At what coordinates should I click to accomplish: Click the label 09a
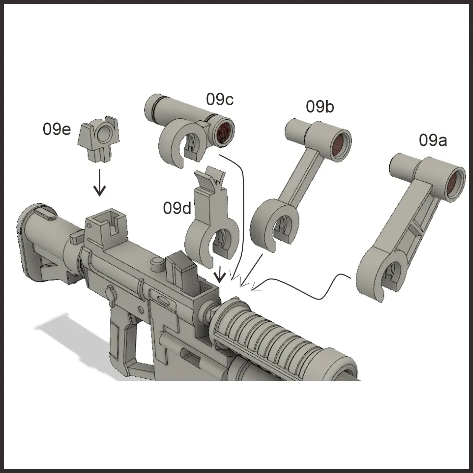click(x=432, y=140)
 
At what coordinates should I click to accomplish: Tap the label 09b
click(x=320, y=106)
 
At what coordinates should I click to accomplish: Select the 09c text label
click(x=220, y=99)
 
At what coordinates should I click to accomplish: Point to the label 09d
click(x=177, y=208)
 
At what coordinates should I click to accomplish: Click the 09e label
click(x=57, y=129)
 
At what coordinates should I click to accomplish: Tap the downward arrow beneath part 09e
click(x=99, y=182)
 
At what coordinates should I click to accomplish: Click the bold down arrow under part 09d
click(x=220, y=274)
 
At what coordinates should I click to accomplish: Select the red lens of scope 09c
click(x=223, y=132)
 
